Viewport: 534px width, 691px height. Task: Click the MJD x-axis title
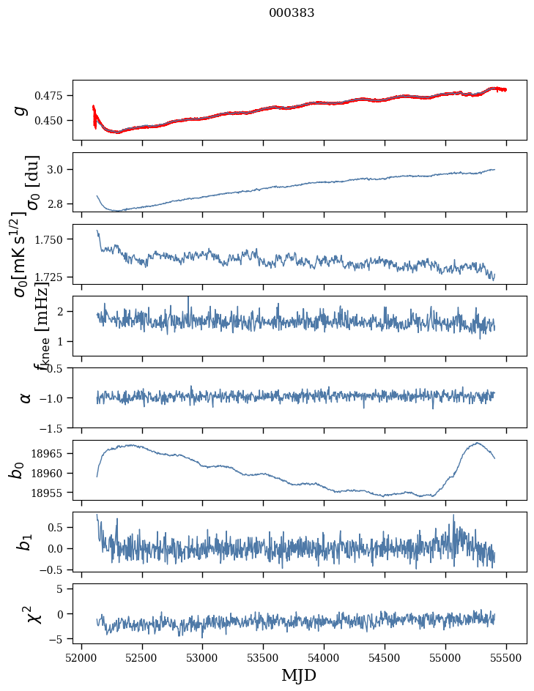click(x=299, y=675)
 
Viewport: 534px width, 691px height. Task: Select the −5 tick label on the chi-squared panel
click(x=56, y=639)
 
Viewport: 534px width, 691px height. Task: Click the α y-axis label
click(x=26, y=397)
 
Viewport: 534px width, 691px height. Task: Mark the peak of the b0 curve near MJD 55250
click(x=477, y=443)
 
